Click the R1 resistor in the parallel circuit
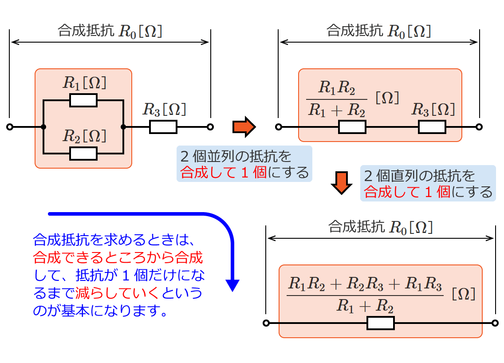click(x=83, y=100)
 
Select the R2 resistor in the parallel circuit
click(x=83, y=154)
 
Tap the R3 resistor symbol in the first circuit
click(x=163, y=127)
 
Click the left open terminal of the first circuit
click(x=10, y=127)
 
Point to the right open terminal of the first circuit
click(x=210, y=127)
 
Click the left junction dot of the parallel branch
click(x=43, y=127)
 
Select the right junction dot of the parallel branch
click(x=123, y=127)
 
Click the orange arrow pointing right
click(x=244, y=127)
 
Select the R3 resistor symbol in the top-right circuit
click(x=432, y=127)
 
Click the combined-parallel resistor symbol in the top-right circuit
click(x=352, y=127)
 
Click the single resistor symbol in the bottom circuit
click(x=381, y=323)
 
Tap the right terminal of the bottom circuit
click(x=495, y=323)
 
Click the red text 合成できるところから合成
click(x=118, y=256)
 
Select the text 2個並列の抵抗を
click(x=236, y=156)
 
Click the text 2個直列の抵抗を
click(x=419, y=176)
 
